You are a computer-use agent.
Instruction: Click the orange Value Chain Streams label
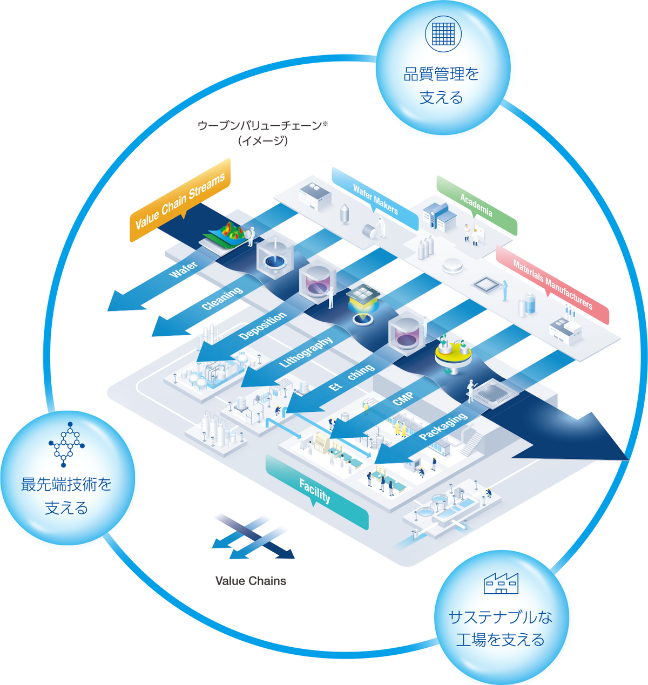click(x=180, y=201)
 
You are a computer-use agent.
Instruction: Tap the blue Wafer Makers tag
click(x=375, y=199)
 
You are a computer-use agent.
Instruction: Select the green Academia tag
click(x=476, y=206)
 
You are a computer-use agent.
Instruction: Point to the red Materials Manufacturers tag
click(x=552, y=284)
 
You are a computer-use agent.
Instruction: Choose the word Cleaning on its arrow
click(x=222, y=299)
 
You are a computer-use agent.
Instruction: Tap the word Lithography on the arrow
click(x=306, y=352)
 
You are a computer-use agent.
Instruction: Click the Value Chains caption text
click(x=251, y=581)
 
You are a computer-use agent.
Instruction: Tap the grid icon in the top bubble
click(x=443, y=33)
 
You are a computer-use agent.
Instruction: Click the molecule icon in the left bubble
click(x=66, y=444)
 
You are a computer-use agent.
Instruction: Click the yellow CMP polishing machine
click(x=453, y=354)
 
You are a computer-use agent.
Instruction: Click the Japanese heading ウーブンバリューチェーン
click(x=262, y=126)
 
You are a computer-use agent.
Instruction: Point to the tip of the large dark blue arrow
click(x=627, y=459)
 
